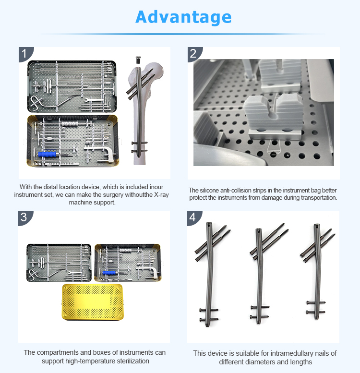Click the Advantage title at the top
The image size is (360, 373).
pos(183,17)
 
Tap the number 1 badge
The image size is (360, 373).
pos(25,53)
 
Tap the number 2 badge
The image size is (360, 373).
pos(193,53)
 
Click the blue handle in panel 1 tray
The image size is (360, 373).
pos(48,154)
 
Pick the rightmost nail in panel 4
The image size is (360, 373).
pos(317,278)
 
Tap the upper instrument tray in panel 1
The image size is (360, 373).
pos(72,85)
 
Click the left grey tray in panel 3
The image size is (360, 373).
pos(59,263)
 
